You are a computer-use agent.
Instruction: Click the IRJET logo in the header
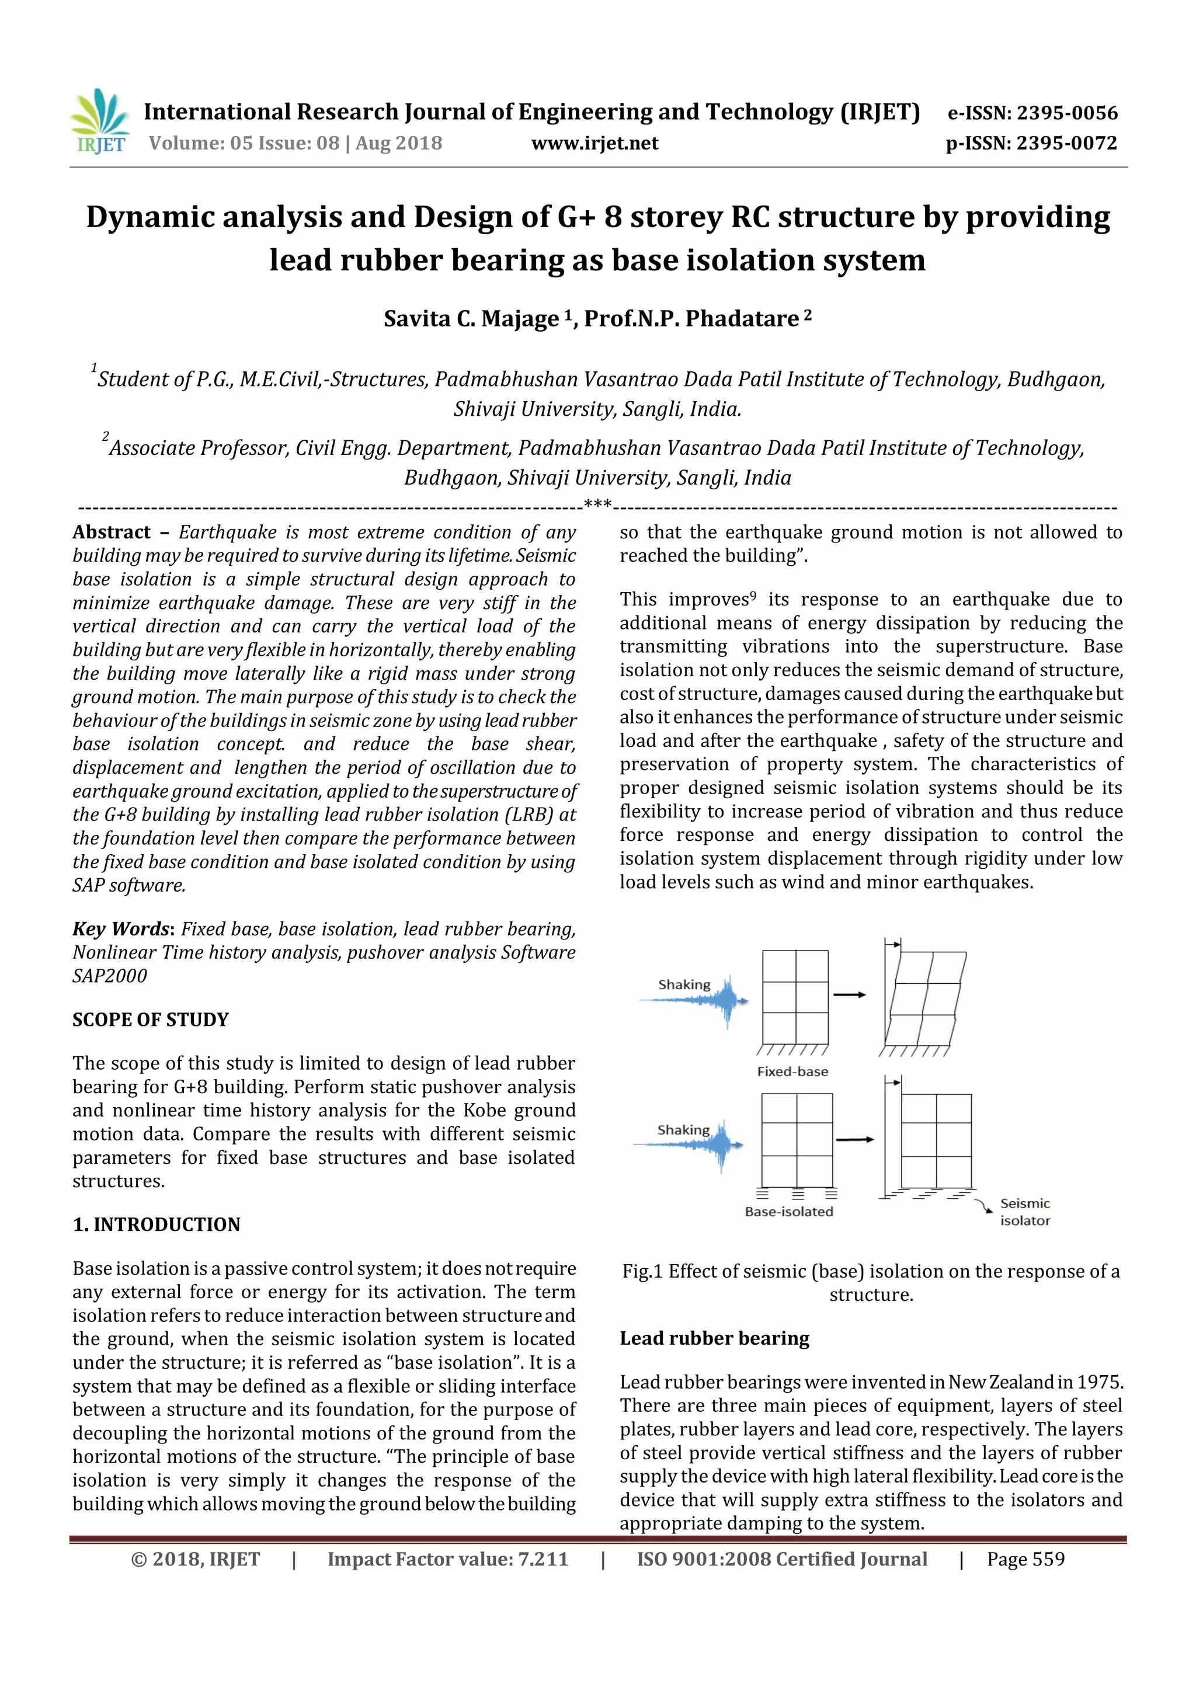click(101, 121)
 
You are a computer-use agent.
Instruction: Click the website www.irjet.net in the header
click(594, 143)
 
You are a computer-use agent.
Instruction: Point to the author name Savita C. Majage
click(471, 318)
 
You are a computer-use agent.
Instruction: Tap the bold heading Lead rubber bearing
click(714, 1338)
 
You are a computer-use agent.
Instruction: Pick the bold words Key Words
click(121, 929)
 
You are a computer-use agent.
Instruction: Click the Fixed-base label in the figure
click(792, 1071)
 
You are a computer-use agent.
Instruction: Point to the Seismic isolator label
click(1024, 1212)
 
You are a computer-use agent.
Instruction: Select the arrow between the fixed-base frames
click(849, 995)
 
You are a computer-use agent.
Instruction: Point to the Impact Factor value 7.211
click(448, 1559)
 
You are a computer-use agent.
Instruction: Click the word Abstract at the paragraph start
click(111, 532)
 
